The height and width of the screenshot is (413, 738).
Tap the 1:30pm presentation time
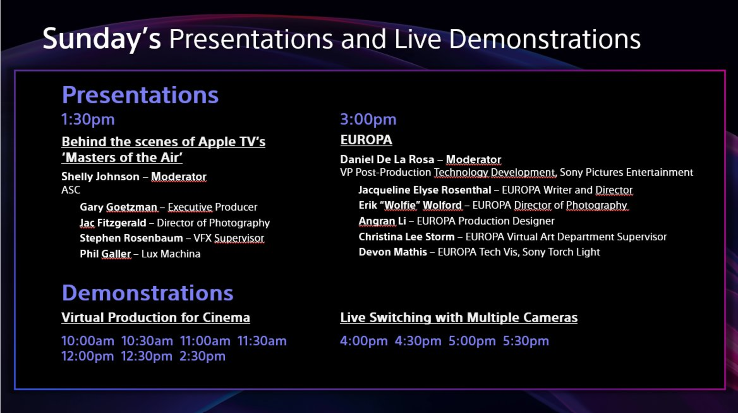click(88, 120)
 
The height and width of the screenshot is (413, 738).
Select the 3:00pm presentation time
click(368, 120)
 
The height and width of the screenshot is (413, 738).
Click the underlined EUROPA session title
click(366, 140)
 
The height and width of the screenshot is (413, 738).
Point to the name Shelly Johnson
click(100, 176)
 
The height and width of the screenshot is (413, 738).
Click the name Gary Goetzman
click(118, 207)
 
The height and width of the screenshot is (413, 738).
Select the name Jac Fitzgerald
click(113, 223)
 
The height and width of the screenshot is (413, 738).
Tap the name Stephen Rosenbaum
click(131, 238)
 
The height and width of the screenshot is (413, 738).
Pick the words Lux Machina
click(171, 254)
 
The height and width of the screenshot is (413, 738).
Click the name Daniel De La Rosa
click(387, 159)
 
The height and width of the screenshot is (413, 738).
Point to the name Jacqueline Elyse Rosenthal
click(425, 190)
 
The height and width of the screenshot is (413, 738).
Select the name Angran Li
click(382, 221)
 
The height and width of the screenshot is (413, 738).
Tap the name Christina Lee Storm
click(406, 237)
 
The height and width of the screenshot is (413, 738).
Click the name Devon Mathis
click(393, 252)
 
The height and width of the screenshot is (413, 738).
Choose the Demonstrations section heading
click(148, 293)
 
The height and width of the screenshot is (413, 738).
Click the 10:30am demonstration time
click(147, 341)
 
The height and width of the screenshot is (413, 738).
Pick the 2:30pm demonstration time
click(202, 356)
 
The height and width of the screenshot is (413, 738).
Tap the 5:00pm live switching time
click(472, 341)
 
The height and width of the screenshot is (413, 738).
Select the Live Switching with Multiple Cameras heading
click(459, 318)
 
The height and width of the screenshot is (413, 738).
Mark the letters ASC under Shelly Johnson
click(71, 190)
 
